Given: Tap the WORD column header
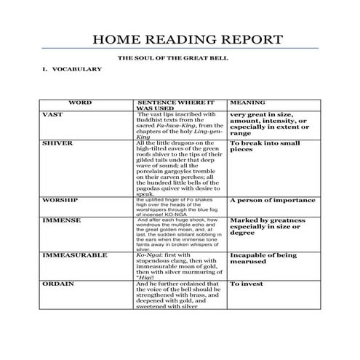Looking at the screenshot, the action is click(79, 103).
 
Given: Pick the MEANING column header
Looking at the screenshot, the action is click(247, 103).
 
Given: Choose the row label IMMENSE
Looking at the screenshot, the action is click(60, 219).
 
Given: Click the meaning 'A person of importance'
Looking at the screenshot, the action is click(272, 199).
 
